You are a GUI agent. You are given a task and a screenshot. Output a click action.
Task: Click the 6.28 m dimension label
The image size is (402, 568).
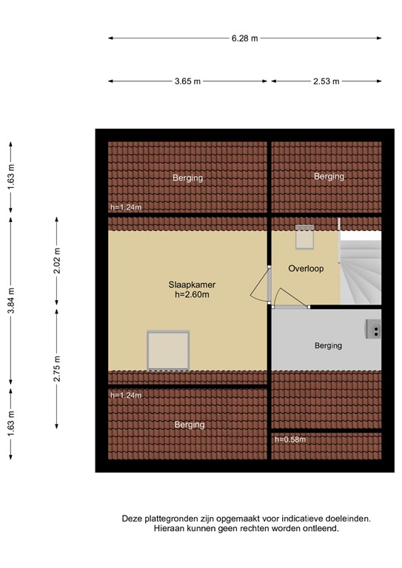tap(245, 38)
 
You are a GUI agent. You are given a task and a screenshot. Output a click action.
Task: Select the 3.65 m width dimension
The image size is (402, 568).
tap(187, 81)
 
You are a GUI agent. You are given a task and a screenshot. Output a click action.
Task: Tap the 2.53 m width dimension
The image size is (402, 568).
tap(326, 81)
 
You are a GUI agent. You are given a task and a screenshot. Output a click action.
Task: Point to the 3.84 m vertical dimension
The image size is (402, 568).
tap(11, 300)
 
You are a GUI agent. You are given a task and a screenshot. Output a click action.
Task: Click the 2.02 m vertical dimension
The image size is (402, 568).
tap(57, 261)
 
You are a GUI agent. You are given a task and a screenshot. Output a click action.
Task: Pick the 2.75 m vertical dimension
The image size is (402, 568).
tap(57, 368)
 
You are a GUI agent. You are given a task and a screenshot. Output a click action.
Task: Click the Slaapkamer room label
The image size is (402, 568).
tap(192, 285)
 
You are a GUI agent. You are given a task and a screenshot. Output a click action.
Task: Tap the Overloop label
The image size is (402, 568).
tap(306, 268)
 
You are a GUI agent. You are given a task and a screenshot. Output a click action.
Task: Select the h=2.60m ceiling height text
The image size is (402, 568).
tap(192, 294)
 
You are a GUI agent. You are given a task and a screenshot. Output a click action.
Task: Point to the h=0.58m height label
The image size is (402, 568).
tap(290, 439)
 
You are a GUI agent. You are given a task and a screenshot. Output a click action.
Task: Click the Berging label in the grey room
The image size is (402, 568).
tap(328, 345)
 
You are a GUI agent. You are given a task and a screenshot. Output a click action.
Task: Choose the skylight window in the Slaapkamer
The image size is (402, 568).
tap(168, 351)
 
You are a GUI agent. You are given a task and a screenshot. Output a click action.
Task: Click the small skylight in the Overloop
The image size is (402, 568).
tap(304, 237)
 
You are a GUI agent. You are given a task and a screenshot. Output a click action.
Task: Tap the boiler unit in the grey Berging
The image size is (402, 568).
tap(373, 329)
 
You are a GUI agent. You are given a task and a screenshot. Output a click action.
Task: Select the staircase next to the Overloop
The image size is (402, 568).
tap(361, 268)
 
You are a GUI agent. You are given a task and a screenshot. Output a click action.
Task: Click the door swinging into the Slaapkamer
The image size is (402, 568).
tap(261, 284)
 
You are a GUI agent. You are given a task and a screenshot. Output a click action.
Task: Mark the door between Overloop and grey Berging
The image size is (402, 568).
tap(291, 298)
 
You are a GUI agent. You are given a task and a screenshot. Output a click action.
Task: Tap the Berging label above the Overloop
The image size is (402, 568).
tap(329, 177)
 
